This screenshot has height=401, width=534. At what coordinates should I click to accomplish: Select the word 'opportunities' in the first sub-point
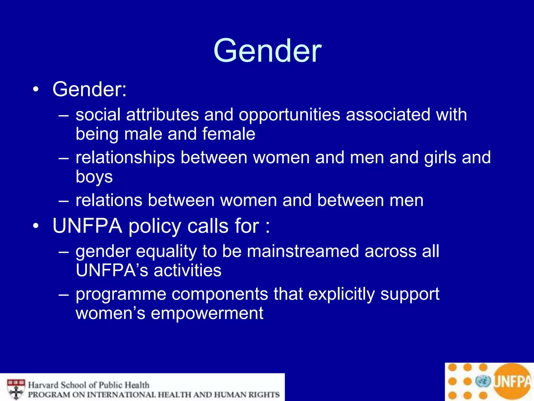pos(289,115)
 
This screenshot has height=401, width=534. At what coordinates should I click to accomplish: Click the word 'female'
pos(228,134)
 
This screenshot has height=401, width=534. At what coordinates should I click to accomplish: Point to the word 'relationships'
pos(125,158)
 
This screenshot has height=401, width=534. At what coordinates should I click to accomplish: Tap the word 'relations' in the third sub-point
pos(109,200)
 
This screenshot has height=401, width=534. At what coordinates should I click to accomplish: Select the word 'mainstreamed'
pos(303,251)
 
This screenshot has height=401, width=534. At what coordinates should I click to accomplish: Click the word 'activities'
pos(187,270)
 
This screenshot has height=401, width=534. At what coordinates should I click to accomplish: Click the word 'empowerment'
pos(207,313)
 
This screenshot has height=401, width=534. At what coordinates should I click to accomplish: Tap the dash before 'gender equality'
pos(64,252)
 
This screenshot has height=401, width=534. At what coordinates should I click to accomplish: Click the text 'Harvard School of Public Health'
pos(89,385)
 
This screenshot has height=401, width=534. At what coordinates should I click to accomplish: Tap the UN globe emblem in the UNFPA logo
pos(483,381)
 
